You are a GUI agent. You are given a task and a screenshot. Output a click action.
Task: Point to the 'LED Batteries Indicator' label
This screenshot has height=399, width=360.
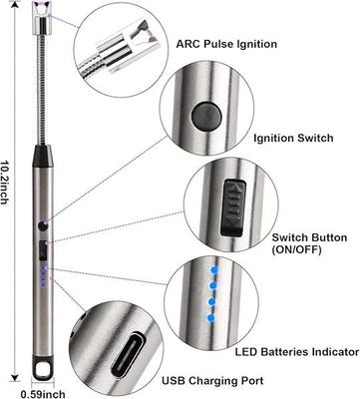(x=295, y=350)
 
